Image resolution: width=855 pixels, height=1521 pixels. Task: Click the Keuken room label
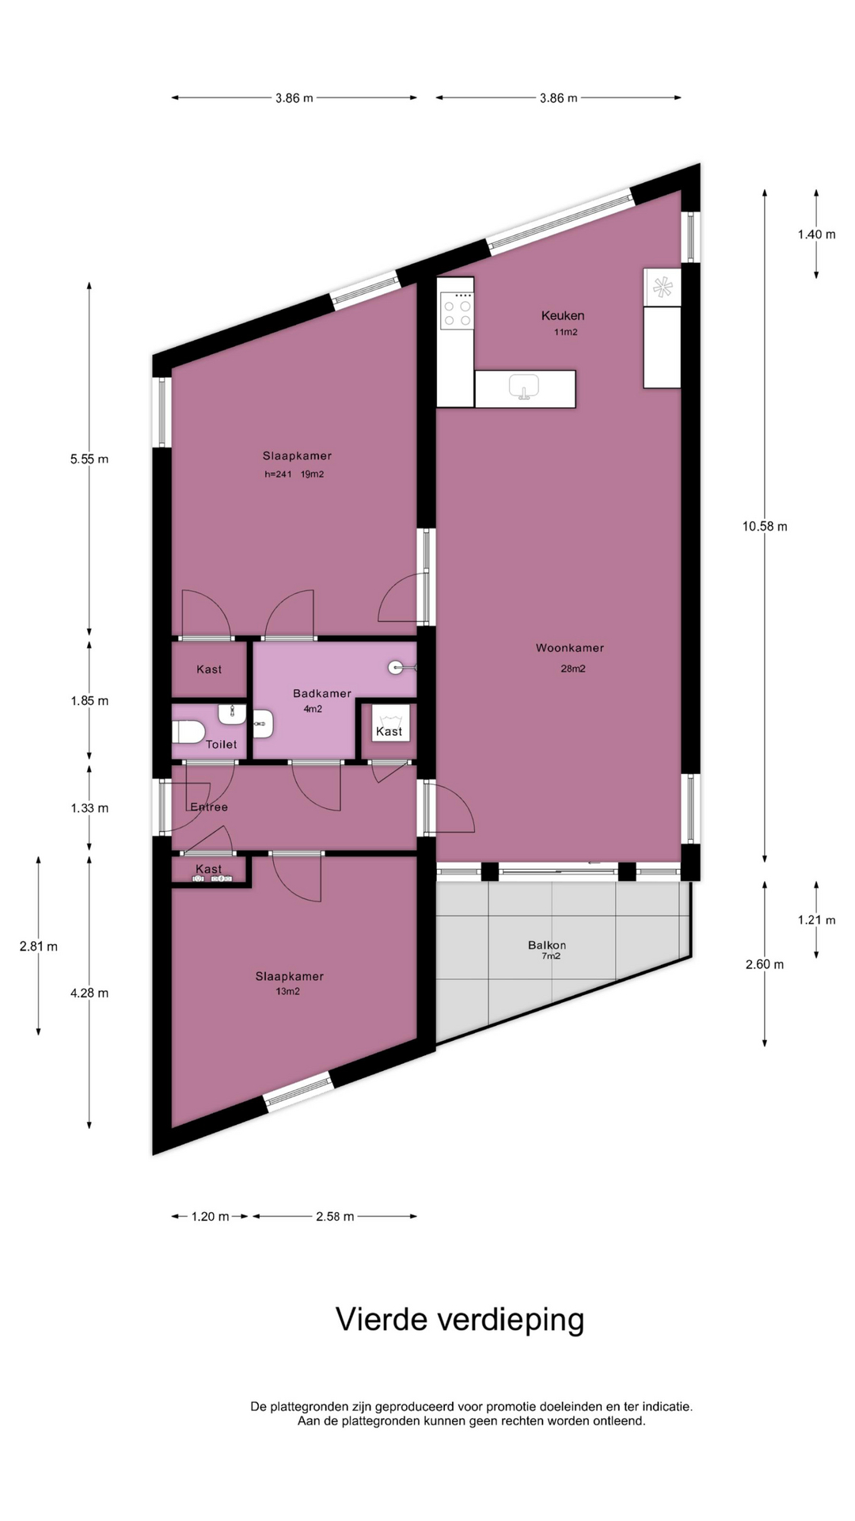point(563,315)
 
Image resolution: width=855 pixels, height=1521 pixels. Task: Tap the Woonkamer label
point(570,648)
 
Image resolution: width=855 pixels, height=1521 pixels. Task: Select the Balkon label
point(547,945)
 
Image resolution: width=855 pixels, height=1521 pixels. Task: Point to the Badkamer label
point(322,693)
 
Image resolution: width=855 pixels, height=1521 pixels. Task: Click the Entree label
point(209,807)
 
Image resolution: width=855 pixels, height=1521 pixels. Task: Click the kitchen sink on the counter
point(523,387)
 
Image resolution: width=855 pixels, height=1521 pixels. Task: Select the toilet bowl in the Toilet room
point(188,732)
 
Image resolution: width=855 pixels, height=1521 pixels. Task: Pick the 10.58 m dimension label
point(765,526)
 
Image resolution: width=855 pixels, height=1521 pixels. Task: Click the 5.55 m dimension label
point(89,459)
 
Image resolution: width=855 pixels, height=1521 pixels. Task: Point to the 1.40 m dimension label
point(816,234)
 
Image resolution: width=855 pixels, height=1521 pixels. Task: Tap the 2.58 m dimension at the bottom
point(335,1216)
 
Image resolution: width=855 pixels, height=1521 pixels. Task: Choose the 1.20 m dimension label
point(210,1216)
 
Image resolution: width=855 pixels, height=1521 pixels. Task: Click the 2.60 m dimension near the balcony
point(765,964)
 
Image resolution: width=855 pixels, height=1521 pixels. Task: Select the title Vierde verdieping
point(460,1320)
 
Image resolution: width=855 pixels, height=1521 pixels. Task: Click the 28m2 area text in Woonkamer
point(573,669)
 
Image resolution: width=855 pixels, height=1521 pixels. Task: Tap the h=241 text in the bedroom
point(278,475)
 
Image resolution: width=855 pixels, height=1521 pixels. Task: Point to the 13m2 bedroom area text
point(287,991)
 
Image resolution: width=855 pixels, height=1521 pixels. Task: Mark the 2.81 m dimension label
point(39,946)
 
